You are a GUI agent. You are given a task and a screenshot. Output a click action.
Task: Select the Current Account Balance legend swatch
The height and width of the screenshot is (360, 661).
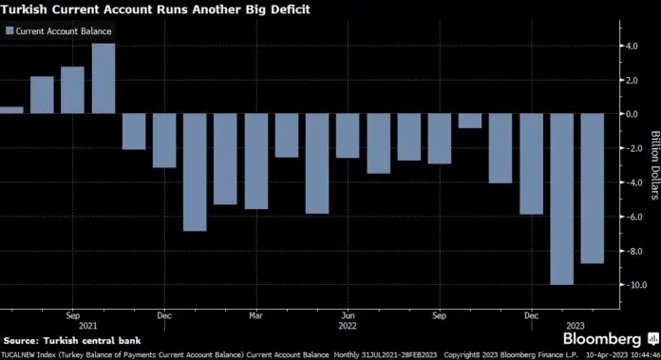click(x=9, y=31)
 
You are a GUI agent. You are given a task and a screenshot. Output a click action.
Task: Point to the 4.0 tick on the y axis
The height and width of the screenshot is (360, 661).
click(x=629, y=46)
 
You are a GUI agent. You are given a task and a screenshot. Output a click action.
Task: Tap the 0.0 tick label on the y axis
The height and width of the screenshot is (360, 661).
click(x=629, y=114)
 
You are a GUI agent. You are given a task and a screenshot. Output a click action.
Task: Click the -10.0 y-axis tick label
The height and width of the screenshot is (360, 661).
click(x=626, y=285)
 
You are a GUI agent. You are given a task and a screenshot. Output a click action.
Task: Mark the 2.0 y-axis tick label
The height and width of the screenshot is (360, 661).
click(x=629, y=80)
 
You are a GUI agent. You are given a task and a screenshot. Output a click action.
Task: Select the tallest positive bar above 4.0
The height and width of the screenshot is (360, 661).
click(x=104, y=79)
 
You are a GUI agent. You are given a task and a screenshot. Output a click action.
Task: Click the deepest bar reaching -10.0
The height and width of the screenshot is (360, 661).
click(x=561, y=199)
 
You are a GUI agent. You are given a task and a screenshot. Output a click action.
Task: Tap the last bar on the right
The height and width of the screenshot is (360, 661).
click(x=592, y=188)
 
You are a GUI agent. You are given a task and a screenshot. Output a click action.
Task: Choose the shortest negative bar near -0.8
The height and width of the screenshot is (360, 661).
click(x=469, y=121)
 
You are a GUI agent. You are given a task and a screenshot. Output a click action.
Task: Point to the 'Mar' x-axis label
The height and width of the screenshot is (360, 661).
click(x=255, y=313)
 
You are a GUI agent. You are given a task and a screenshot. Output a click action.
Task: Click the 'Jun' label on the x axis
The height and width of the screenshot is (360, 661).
click(x=348, y=313)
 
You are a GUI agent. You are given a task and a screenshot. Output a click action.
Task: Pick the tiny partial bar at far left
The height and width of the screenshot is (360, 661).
click(x=10, y=110)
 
